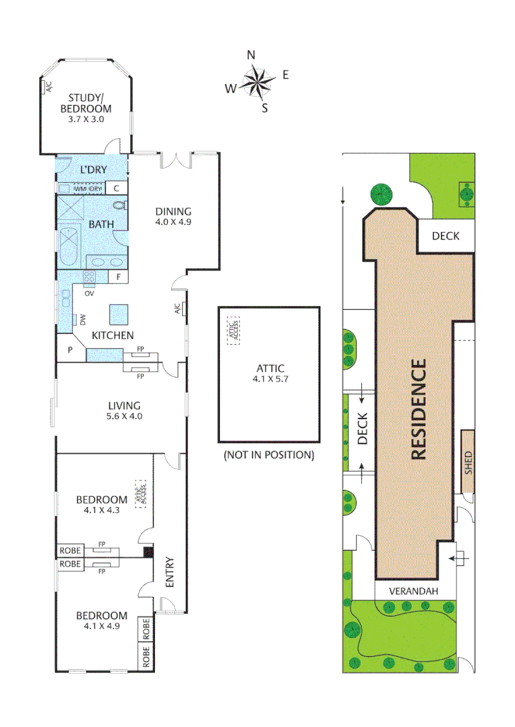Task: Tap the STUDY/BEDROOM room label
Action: coord(86,108)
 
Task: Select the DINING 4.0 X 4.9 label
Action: coord(173,215)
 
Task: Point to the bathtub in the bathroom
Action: coord(68,247)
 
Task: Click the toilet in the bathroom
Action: coord(119,206)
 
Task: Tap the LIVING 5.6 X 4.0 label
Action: coord(124,411)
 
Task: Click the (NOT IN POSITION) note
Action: coord(268,455)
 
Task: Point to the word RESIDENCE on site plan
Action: coord(419,410)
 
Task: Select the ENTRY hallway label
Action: coord(169,572)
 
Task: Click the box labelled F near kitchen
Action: coord(118,277)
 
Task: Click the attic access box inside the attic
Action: coord(233,331)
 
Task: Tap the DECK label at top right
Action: coord(446,236)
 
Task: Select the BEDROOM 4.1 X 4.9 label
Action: coord(101,621)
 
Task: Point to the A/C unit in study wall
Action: coord(48,86)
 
